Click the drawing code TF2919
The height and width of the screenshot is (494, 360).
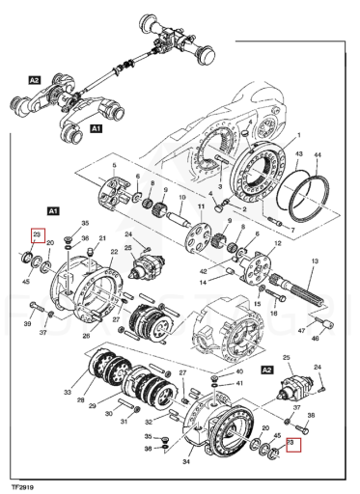(22, 487)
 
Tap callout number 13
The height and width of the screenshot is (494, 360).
(315, 261)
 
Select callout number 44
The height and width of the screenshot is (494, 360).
(318, 155)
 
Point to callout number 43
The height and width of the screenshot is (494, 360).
(299, 153)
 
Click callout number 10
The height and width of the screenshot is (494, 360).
(182, 197)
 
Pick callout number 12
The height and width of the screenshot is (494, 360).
(277, 243)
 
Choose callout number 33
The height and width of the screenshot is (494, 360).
(68, 392)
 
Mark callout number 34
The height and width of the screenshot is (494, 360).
(186, 462)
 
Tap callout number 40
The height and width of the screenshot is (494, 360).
(239, 371)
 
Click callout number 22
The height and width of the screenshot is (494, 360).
(114, 252)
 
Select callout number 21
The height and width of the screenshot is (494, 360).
(102, 238)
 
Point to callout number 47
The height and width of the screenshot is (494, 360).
(301, 330)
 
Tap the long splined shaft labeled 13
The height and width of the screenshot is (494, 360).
(301, 292)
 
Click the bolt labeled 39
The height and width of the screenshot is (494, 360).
(37, 306)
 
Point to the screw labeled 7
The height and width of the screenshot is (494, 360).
(275, 221)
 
